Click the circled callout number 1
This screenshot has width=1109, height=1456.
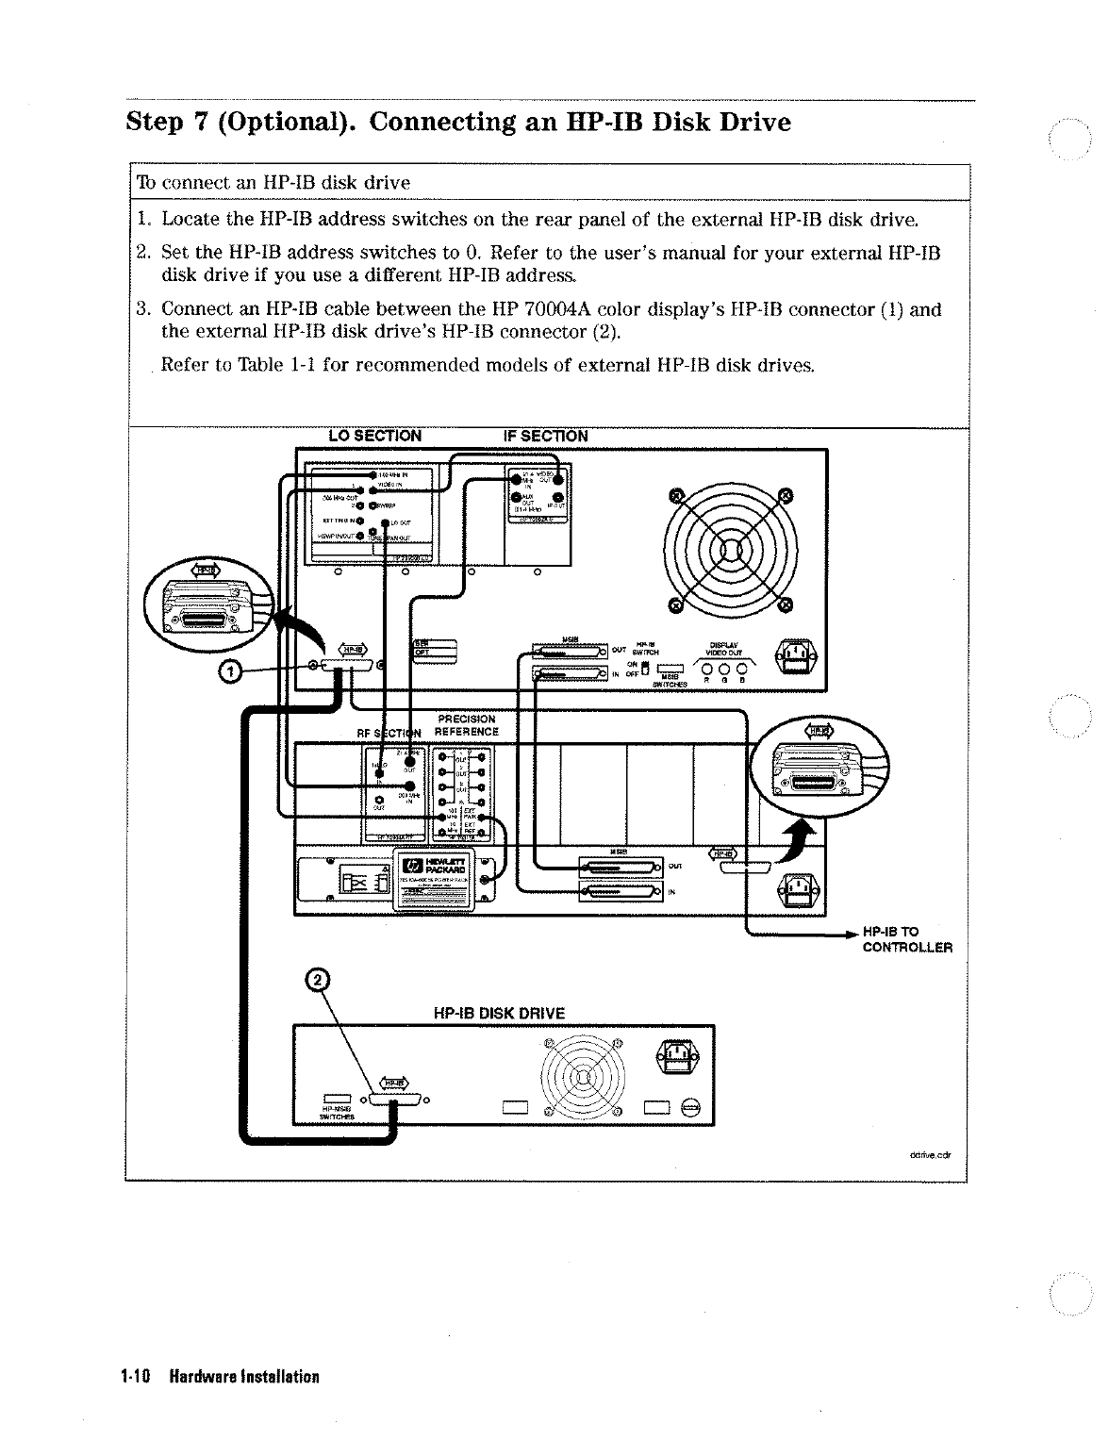(x=229, y=671)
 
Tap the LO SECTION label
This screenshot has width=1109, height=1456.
(x=374, y=436)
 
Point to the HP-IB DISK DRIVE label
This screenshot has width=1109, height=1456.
(x=499, y=1013)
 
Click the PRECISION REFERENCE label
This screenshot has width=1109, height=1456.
(x=466, y=725)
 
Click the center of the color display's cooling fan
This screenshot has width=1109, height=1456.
(x=730, y=548)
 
